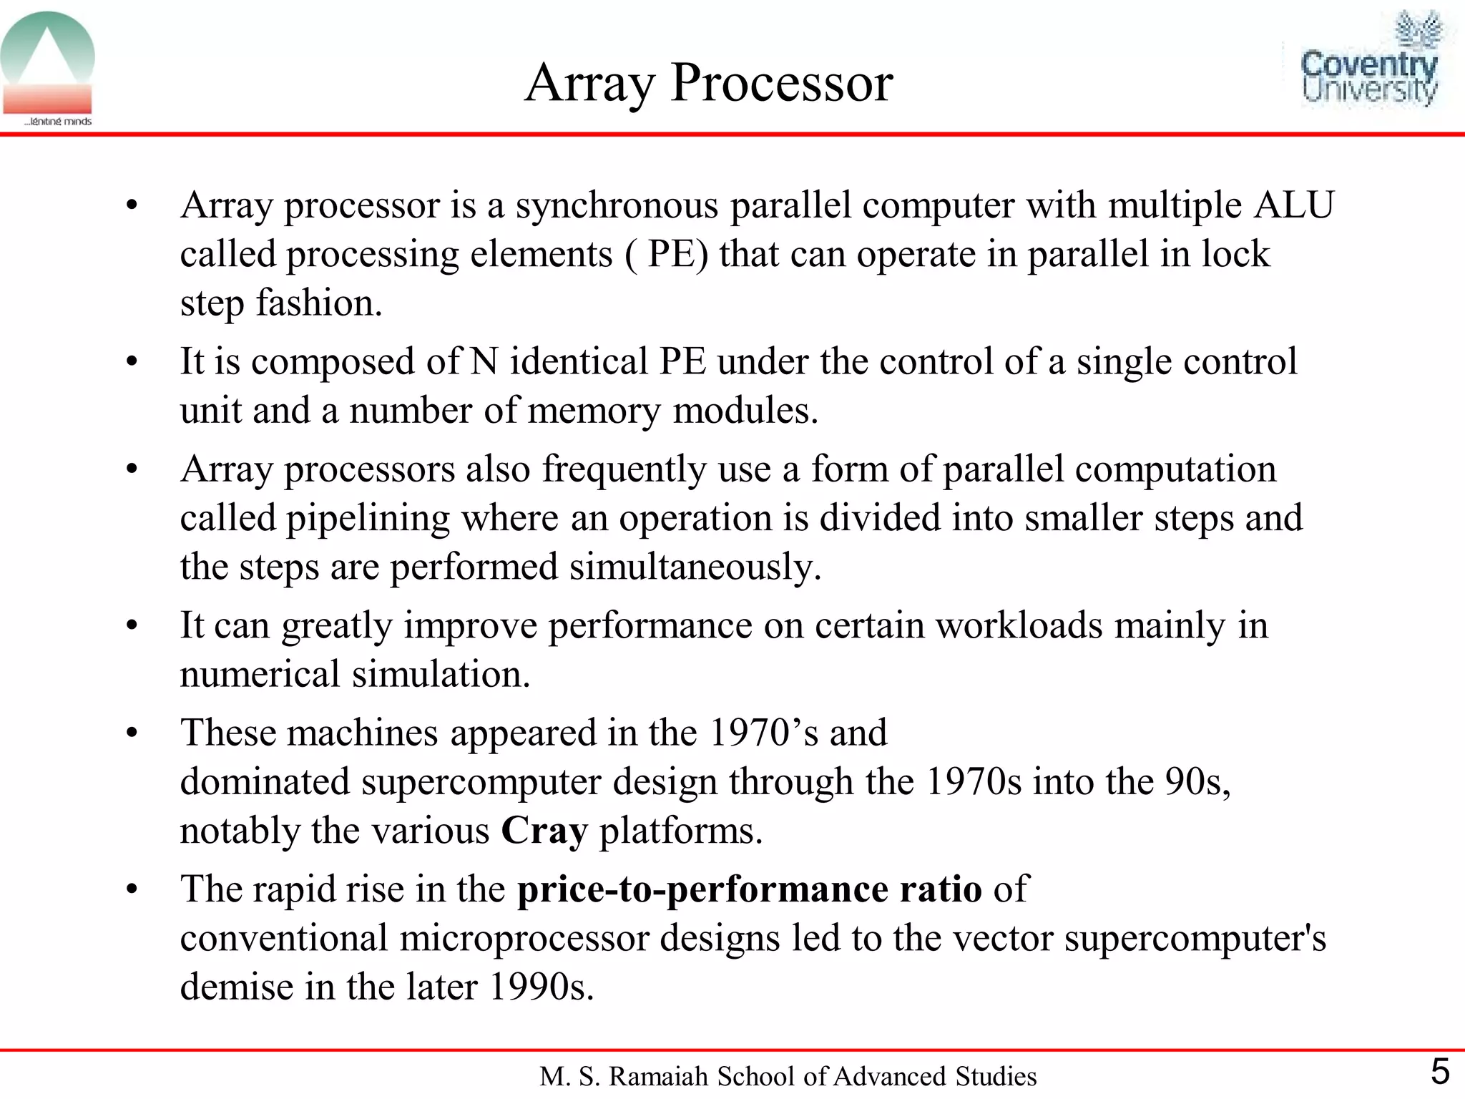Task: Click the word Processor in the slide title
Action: [x=781, y=83]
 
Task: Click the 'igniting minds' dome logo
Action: [x=48, y=68]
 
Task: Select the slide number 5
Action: [x=1439, y=1072]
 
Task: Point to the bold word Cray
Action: [x=544, y=831]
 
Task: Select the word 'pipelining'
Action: [x=368, y=519]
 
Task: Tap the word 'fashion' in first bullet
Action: [x=315, y=303]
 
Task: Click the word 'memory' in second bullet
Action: [x=594, y=411]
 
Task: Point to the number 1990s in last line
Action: [x=540, y=987]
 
